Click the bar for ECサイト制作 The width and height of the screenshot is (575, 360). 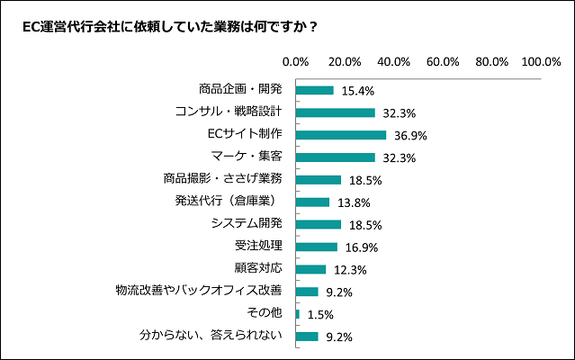tap(341, 135)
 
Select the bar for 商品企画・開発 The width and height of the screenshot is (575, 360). tap(315, 90)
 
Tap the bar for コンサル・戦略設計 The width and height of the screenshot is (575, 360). tap(336, 112)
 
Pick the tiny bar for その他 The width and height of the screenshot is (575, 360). tap(298, 314)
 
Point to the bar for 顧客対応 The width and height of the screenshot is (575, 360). tap(310, 269)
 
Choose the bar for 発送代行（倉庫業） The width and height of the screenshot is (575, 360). tap(312, 202)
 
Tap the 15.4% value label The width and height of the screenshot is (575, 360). tap(355, 91)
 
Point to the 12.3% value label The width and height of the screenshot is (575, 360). tap(347, 270)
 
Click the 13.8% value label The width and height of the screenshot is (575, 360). tap(351, 202)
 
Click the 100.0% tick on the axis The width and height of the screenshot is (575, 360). tap(542, 62)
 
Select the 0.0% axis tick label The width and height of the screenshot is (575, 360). tap(296, 62)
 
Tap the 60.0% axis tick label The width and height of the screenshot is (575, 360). tap(444, 62)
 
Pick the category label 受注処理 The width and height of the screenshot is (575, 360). tap(258, 246)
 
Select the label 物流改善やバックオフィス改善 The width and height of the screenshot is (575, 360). tap(199, 291)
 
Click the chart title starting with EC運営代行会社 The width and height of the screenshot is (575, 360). tap(170, 26)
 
